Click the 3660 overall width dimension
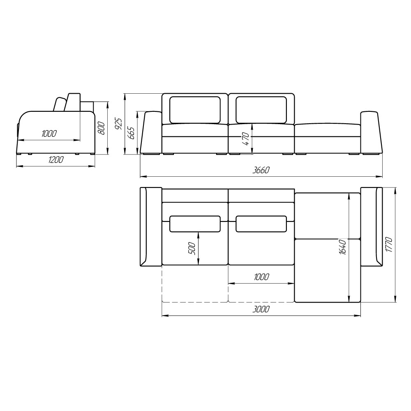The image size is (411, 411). (261, 170)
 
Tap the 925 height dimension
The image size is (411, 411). (119, 124)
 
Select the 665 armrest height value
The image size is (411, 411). (131, 133)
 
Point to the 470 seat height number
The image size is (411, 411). (246, 139)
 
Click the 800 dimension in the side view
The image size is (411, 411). (102, 128)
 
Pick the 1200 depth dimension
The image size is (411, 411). (55, 159)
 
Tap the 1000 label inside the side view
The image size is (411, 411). (49, 134)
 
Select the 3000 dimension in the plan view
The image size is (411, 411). (261, 309)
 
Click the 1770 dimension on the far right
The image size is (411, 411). (389, 245)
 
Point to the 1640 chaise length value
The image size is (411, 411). (343, 247)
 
